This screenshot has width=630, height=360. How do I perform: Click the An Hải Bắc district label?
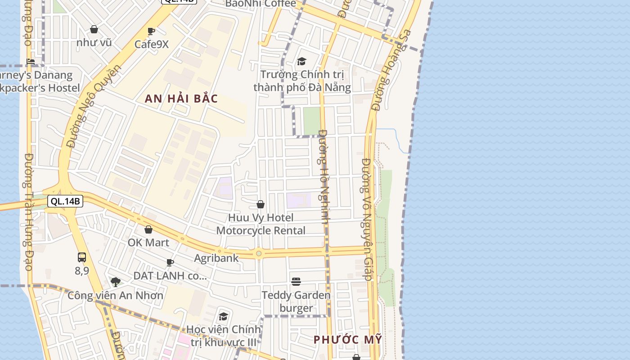tap(181, 99)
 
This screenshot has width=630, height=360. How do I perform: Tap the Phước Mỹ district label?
tap(347, 340)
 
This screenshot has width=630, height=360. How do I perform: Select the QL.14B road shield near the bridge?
tap(65, 201)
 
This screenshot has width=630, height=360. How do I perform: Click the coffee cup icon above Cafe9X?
tap(151, 31)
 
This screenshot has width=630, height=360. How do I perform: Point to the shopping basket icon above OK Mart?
tap(148, 230)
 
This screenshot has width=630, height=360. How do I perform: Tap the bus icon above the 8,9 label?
tap(81, 257)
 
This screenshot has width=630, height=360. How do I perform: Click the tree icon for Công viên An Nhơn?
tap(116, 282)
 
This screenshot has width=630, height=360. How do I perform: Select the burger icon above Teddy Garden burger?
tap(296, 282)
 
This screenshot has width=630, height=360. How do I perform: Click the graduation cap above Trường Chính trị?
tap(301, 62)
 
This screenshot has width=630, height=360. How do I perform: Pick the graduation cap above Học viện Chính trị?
tap(223, 316)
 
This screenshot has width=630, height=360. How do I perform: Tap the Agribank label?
tap(216, 258)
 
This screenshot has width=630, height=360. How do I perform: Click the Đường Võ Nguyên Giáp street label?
tap(367, 219)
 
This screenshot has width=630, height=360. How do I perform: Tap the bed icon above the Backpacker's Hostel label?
tap(31, 62)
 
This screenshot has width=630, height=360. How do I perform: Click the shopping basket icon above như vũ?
tap(94, 30)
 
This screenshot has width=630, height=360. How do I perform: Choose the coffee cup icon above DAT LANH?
tap(170, 262)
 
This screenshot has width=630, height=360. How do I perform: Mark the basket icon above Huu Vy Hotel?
tap(261, 205)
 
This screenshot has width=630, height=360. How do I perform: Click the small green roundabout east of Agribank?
tap(259, 254)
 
